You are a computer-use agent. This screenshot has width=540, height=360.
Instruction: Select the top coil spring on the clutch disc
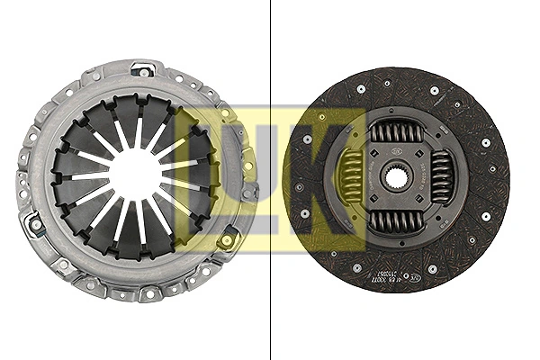click(397, 132)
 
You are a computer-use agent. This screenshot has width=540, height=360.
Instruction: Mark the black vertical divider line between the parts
click(271, 180)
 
